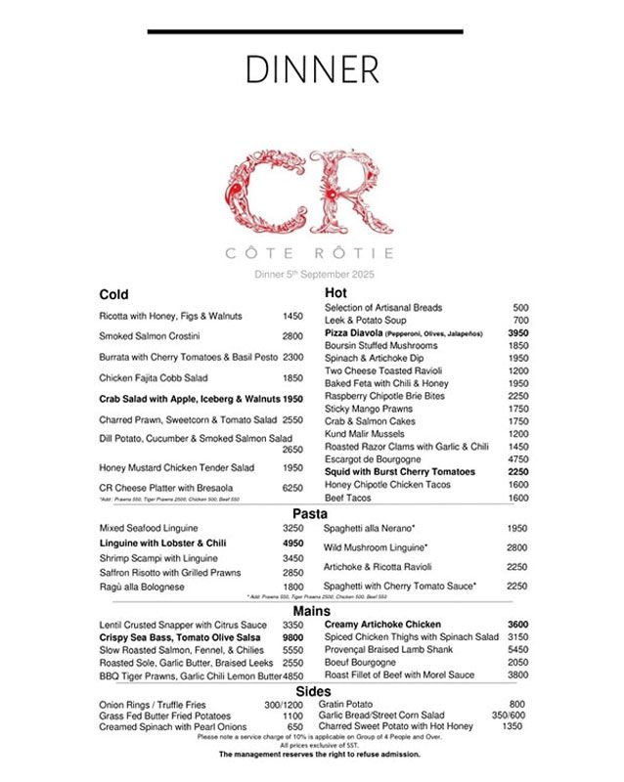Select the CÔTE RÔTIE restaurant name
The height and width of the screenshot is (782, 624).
click(x=311, y=252)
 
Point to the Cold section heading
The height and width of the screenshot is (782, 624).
click(x=113, y=294)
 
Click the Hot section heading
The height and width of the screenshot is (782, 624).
click(x=335, y=292)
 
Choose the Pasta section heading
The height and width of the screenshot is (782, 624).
click(x=310, y=513)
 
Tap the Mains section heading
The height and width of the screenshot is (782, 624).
click(x=310, y=610)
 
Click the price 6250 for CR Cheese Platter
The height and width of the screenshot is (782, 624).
click(x=292, y=487)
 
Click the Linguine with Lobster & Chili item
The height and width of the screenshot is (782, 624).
click(x=162, y=543)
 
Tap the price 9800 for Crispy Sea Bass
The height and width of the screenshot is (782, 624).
click(x=292, y=636)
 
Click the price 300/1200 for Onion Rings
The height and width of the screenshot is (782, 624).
click(x=285, y=704)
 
